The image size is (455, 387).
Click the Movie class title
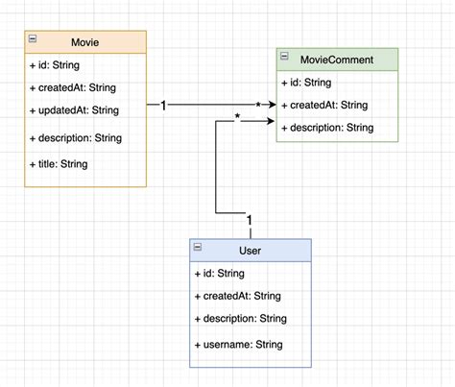pos(84,42)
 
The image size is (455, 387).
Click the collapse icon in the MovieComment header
pos(285,58)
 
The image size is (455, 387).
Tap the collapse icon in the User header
pos(198,248)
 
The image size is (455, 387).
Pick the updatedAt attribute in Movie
pos(74,111)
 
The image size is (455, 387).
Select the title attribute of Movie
pos(60,164)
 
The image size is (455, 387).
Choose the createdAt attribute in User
pos(237,295)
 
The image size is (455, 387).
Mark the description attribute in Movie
pos(76,137)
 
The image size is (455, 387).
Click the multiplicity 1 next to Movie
pos(163,105)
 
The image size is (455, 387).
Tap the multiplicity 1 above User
pos(250,223)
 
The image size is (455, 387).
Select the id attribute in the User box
pos(220,274)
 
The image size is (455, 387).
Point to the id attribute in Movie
pos(55,66)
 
